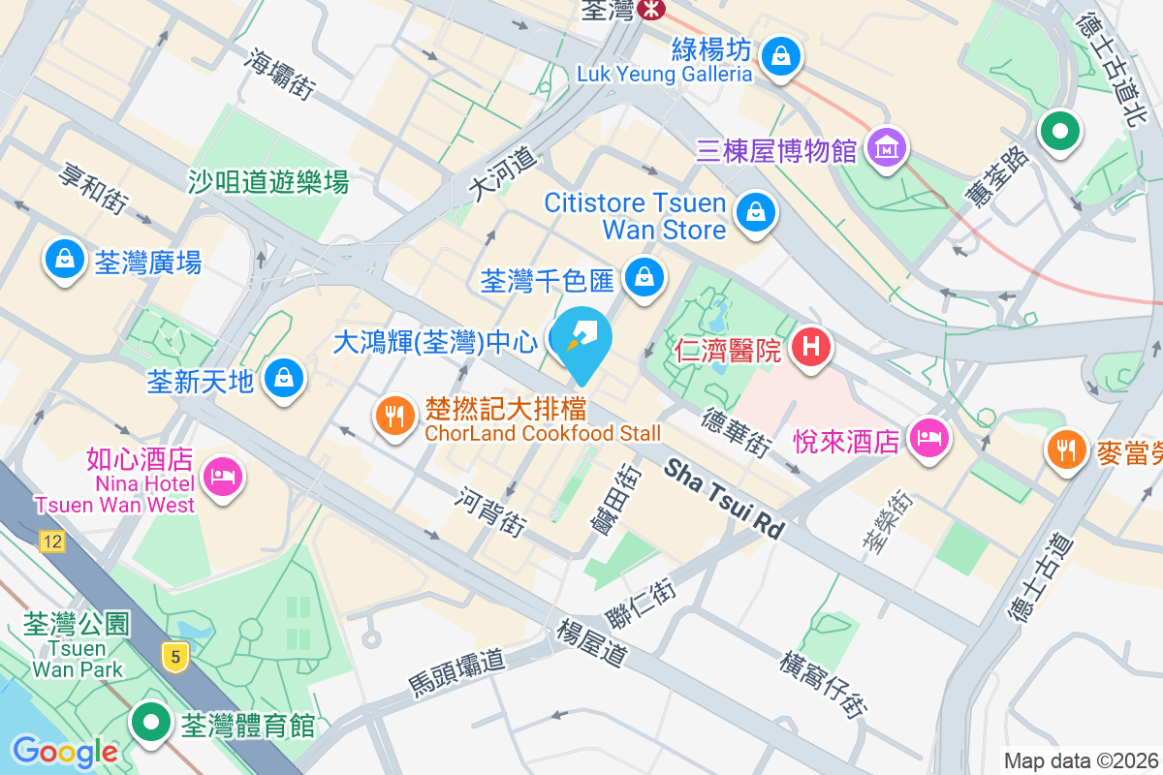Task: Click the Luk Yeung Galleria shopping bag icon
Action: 779,55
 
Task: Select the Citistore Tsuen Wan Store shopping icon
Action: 754,212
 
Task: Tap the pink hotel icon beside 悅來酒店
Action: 928,439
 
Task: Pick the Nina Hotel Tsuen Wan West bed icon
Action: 223,476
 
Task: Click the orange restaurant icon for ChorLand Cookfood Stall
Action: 393,417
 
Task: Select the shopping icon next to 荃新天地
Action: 284,377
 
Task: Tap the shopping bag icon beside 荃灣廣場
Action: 64,260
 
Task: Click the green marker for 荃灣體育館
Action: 151,723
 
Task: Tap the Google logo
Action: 65,752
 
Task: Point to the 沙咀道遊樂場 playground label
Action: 268,181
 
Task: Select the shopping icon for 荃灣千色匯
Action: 642,277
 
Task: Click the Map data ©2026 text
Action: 1081,760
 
